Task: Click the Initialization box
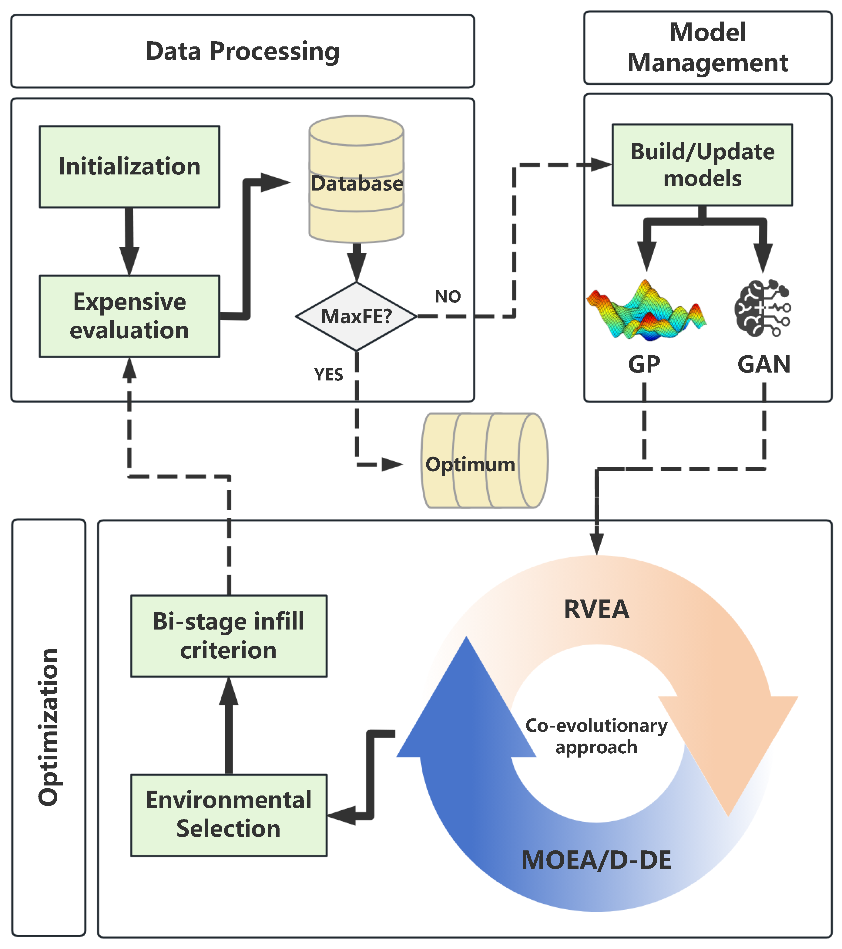pyautogui.click(x=129, y=166)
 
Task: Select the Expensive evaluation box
pyautogui.click(x=129, y=316)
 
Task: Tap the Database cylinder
pyautogui.click(x=356, y=179)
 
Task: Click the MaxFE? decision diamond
pyautogui.click(x=356, y=316)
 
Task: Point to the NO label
pyautogui.click(x=448, y=296)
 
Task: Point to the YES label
pyautogui.click(x=328, y=374)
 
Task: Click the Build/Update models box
pyautogui.click(x=702, y=165)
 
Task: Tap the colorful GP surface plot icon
pyautogui.click(x=646, y=310)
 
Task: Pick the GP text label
pyautogui.click(x=644, y=364)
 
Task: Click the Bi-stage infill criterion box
pyautogui.click(x=229, y=636)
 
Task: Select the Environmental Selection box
pyautogui.click(x=229, y=815)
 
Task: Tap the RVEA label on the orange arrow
pyautogui.click(x=597, y=609)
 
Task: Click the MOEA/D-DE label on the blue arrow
pyautogui.click(x=597, y=860)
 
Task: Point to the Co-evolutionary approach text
pyautogui.click(x=597, y=736)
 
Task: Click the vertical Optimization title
pyautogui.click(x=49, y=728)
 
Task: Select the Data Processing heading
pyautogui.click(x=242, y=51)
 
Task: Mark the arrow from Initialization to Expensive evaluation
pyautogui.click(x=129, y=241)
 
